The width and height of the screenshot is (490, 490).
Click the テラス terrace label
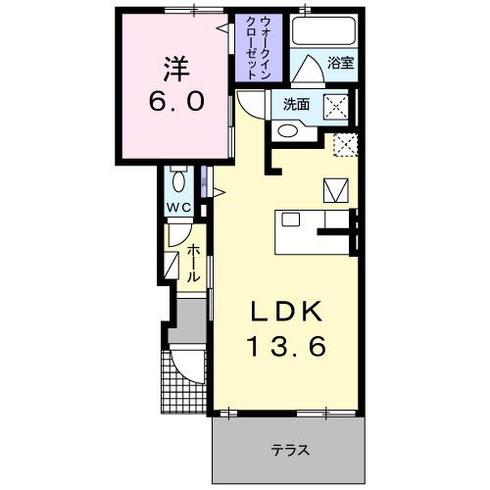coord(291,452)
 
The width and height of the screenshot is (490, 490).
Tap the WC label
coord(176,208)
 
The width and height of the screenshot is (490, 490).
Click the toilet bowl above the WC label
coord(177,182)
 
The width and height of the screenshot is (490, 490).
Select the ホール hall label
coord(194,263)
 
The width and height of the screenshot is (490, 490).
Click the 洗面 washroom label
coord(296,104)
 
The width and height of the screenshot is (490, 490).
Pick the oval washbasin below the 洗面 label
coord(288,131)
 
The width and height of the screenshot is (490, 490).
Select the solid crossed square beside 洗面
coord(337,106)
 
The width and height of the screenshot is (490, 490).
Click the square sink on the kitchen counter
coord(291,220)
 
